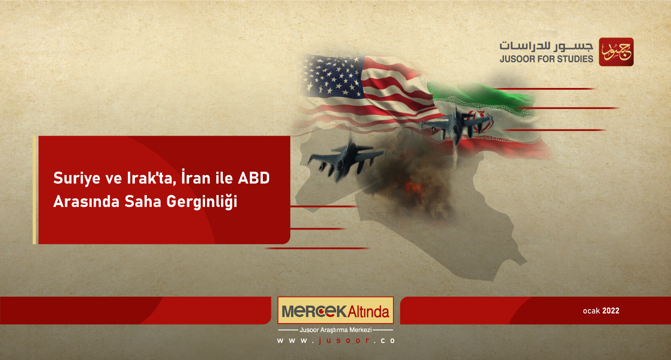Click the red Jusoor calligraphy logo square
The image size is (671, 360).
[616, 52]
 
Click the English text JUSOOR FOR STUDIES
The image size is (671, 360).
[546, 59]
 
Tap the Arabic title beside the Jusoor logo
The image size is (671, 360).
[546, 46]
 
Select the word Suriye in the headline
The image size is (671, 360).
[77, 178]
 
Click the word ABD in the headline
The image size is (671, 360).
[253, 178]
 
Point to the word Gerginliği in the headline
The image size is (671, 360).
[202, 202]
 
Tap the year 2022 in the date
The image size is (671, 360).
[611, 311]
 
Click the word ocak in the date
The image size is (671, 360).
[591, 311]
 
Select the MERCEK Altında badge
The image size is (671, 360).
[335, 310]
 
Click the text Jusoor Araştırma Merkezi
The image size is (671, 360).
[335, 330]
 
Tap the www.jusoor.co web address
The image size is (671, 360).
[335, 341]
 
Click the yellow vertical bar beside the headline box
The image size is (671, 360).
[34, 190]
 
